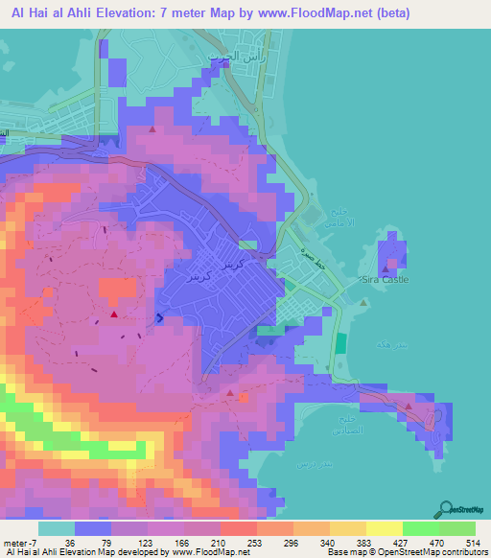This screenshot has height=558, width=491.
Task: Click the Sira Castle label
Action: pyautogui.click(x=385, y=280)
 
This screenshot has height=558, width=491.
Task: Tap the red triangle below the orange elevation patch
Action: pyautogui.click(x=114, y=314)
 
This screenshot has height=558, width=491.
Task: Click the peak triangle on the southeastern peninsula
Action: pyautogui.click(x=409, y=406)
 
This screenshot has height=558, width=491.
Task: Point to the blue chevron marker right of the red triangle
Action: pyautogui.click(x=159, y=317)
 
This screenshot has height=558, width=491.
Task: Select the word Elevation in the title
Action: pyautogui.click(x=119, y=12)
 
